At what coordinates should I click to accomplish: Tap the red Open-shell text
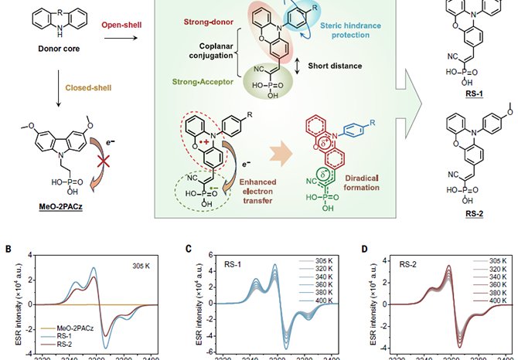[x=125, y=25]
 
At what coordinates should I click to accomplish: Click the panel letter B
[x=7, y=250]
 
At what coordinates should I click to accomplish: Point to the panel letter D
[x=356, y=250]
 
